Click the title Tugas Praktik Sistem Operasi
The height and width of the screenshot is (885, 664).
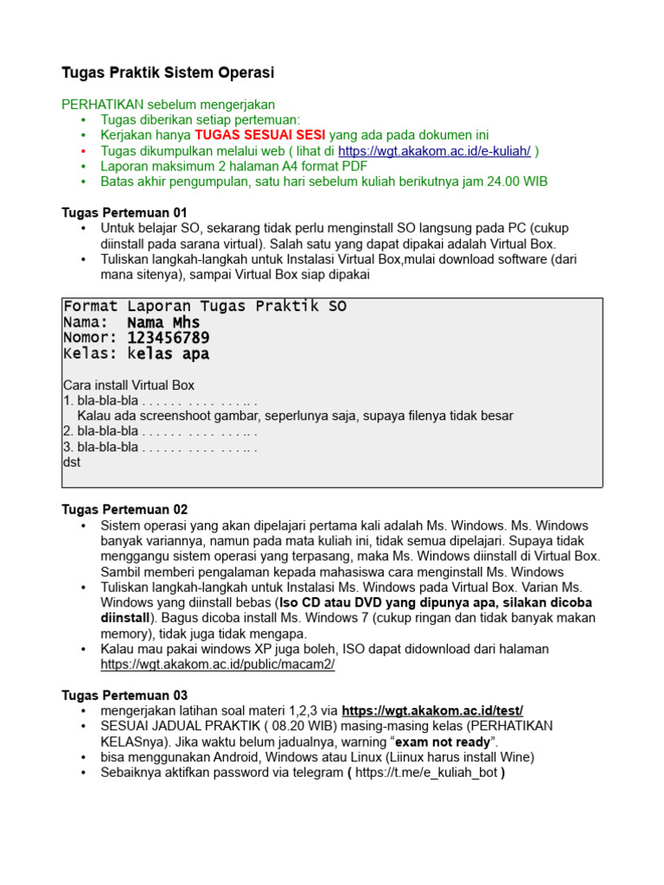[168, 73]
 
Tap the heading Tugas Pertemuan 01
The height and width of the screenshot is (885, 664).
[124, 213]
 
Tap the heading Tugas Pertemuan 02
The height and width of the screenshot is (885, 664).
[124, 510]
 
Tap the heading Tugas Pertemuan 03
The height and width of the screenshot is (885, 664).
[124, 695]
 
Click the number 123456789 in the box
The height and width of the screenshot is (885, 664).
[168, 338]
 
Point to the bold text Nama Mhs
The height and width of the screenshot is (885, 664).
[163, 322]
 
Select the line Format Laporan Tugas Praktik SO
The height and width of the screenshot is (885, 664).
[205, 307]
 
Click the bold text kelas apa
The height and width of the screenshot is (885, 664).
[168, 353]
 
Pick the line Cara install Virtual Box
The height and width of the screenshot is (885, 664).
[129, 385]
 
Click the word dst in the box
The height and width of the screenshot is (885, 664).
[72, 462]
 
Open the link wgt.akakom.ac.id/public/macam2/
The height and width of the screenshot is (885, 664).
[217, 665]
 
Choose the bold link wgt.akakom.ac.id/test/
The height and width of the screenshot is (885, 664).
[432, 710]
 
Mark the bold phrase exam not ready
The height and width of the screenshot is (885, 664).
[443, 742]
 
